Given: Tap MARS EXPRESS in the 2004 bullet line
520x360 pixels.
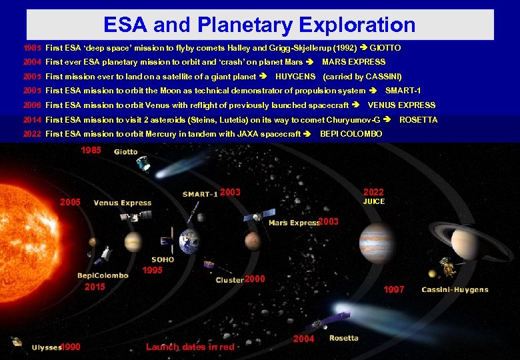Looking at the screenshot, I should click(x=353, y=62).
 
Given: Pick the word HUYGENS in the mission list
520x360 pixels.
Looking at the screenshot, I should click(x=295, y=77).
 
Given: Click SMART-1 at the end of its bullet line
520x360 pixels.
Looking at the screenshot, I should click(x=403, y=91).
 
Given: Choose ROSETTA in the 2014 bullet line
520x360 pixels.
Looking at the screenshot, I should click(x=418, y=120).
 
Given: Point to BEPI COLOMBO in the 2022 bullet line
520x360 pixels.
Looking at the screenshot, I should click(x=351, y=134).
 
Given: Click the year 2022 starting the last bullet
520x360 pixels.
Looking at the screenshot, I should click(x=31, y=134).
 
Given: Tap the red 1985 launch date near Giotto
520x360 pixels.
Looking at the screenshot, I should click(x=91, y=151).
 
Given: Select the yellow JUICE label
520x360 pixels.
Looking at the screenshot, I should click(x=373, y=201).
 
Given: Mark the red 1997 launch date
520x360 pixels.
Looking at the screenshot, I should click(x=393, y=289).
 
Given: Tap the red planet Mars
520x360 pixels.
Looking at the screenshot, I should click(x=251, y=241).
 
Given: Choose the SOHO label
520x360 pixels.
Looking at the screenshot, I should click(x=163, y=260).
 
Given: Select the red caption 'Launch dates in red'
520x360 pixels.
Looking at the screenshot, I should click(x=191, y=347).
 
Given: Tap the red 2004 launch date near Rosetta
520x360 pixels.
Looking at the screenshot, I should click(x=304, y=339).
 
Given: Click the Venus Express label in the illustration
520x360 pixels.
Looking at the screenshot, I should click(x=123, y=203).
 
